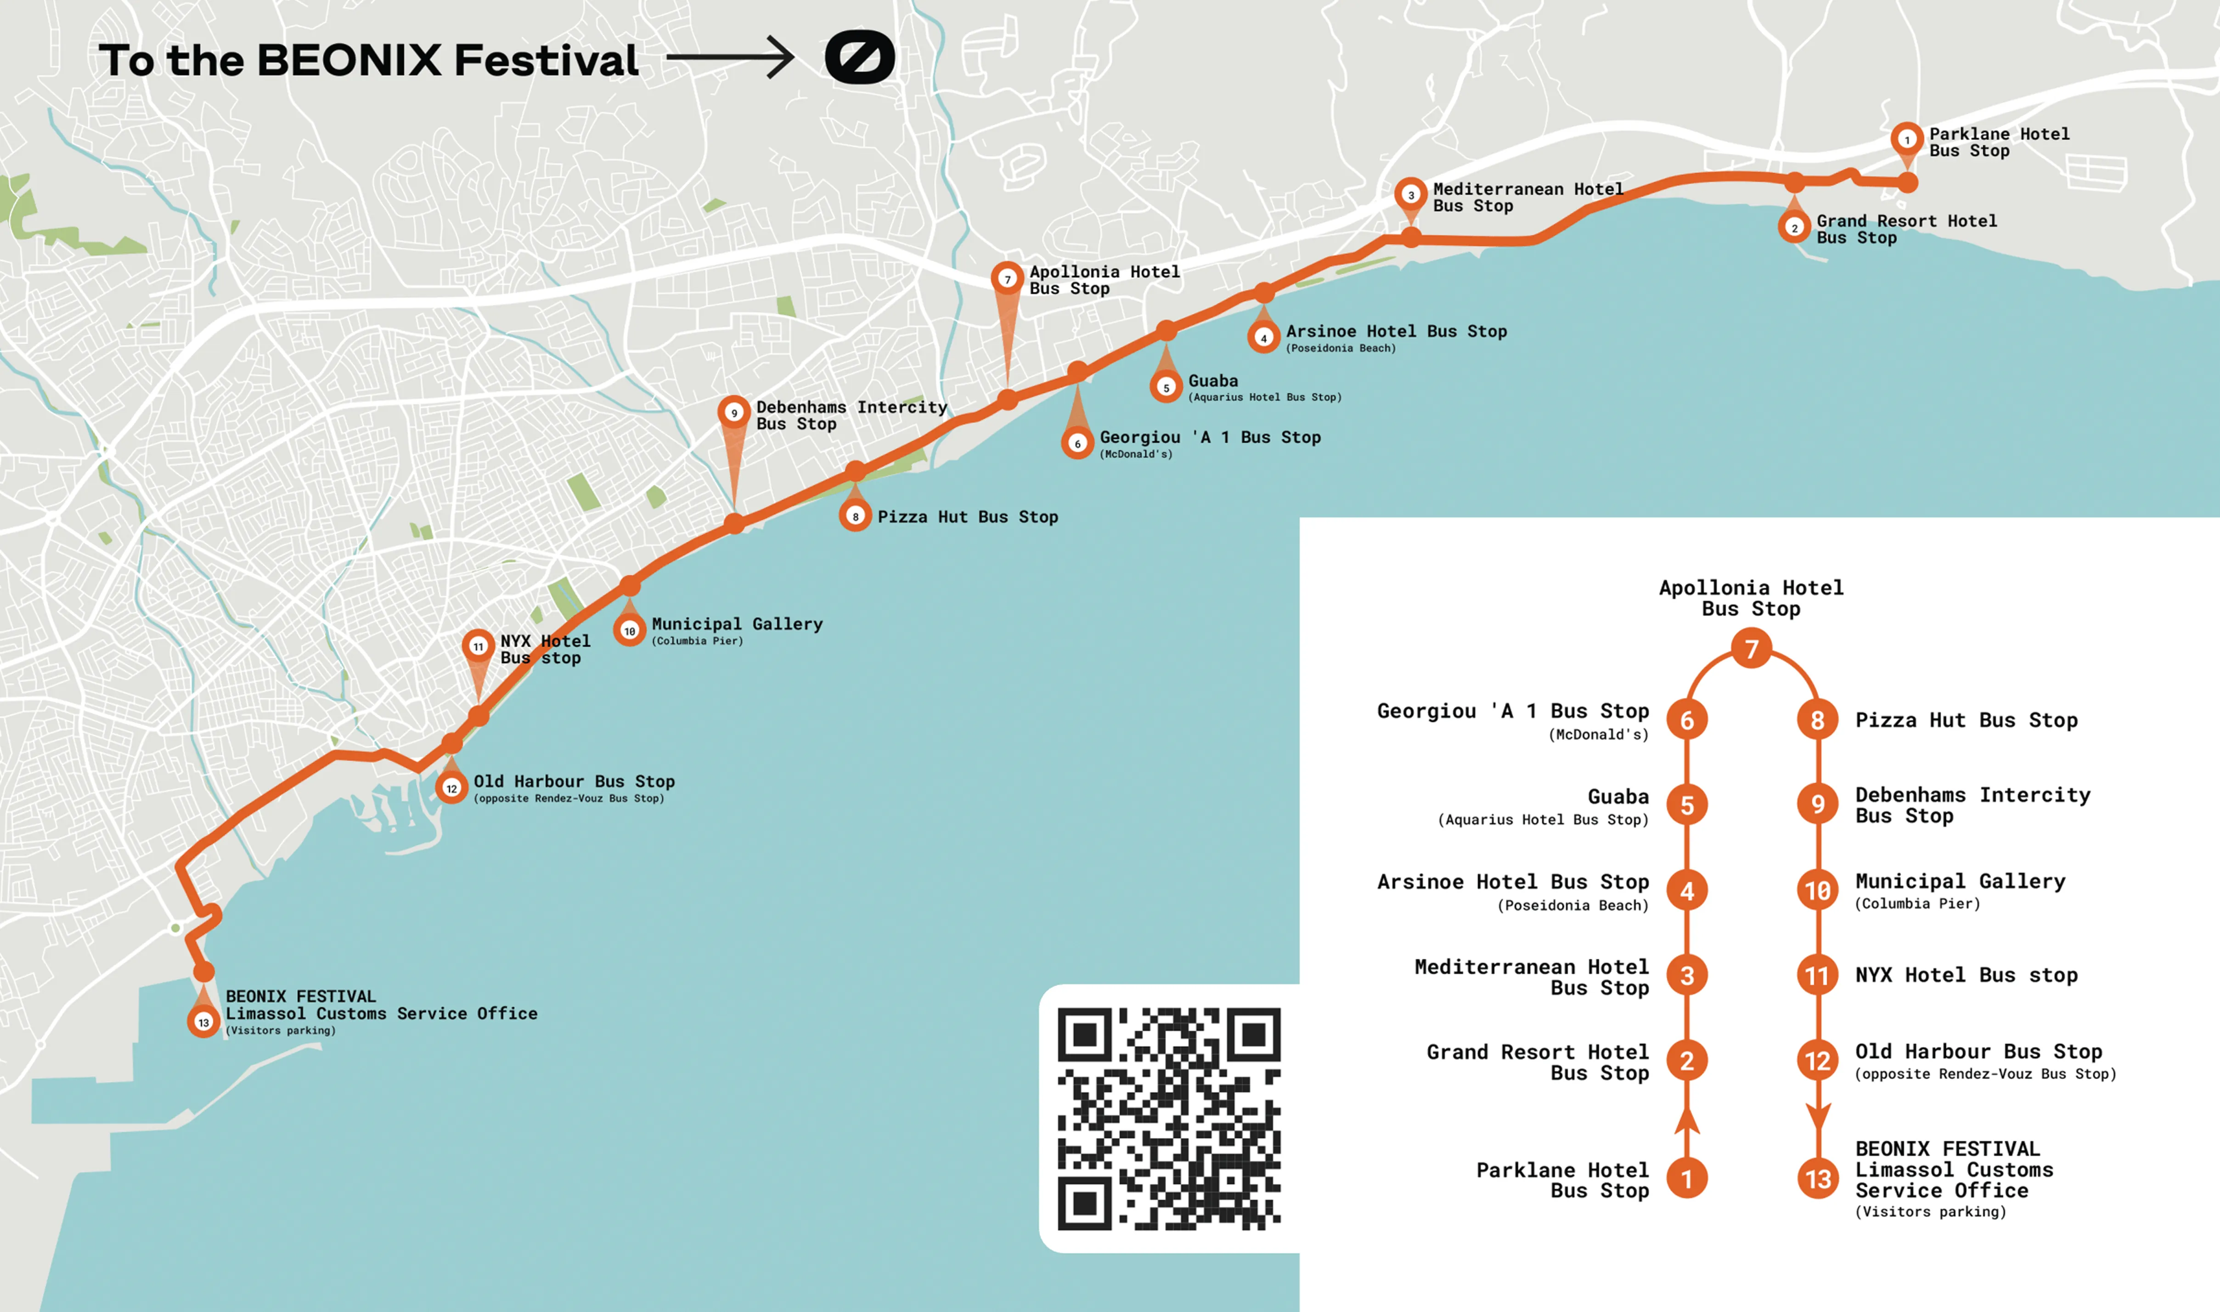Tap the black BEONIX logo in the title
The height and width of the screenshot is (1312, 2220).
click(860, 57)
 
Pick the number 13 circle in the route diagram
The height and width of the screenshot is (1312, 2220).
click(1818, 1178)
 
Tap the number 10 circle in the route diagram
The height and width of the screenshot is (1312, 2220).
click(1818, 890)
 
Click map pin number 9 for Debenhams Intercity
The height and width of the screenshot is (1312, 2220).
click(733, 413)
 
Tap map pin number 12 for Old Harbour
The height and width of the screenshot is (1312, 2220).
click(451, 788)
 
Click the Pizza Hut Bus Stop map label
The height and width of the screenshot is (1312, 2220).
click(967, 517)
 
